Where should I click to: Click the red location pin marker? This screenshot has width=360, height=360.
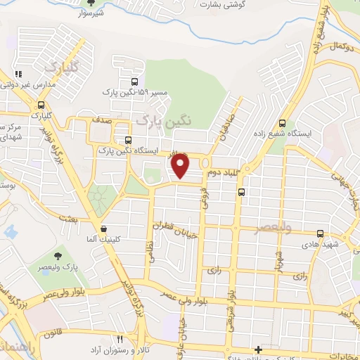click(181, 165)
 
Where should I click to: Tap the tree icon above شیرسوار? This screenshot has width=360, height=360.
click(89, 3)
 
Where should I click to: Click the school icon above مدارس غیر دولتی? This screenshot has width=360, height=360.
click(18, 73)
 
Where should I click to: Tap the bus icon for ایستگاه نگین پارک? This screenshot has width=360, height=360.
click(127, 139)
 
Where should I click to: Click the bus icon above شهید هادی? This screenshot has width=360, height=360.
click(320, 233)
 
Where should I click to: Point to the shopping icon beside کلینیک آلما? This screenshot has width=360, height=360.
click(104, 228)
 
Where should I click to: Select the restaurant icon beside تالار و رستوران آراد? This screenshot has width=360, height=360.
click(119, 339)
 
